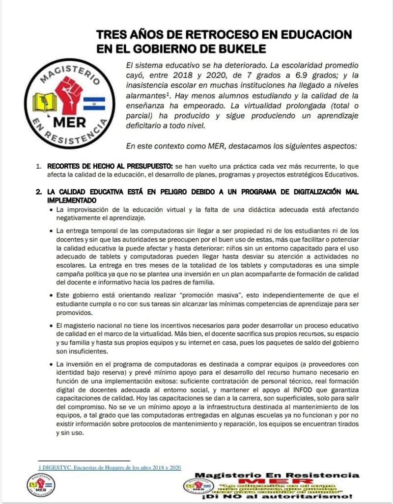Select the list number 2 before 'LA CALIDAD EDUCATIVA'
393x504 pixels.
(38, 192)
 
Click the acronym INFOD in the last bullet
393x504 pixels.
(268, 391)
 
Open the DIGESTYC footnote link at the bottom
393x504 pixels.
(110, 468)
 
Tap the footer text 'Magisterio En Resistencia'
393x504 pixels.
(277, 475)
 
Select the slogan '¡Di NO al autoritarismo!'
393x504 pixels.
(277, 497)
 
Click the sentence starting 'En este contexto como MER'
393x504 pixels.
(241, 146)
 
